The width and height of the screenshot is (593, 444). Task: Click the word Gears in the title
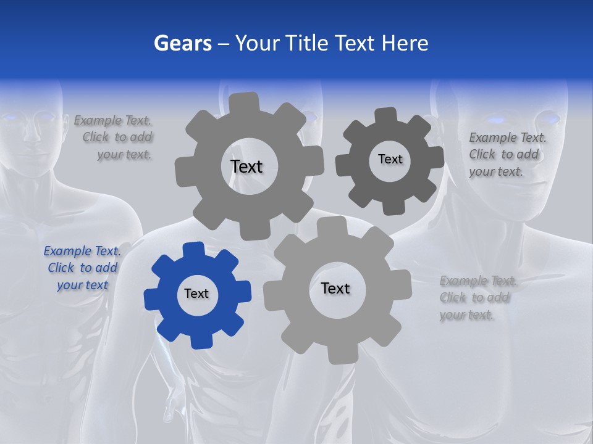(183, 43)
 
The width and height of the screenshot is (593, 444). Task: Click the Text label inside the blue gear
(196, 294)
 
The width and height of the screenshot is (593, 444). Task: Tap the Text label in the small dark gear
(390, 159)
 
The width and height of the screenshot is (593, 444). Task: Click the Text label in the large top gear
(246, 166)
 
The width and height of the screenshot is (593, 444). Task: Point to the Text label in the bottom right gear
(335, 288)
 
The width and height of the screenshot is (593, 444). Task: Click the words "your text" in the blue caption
(82, 285)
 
